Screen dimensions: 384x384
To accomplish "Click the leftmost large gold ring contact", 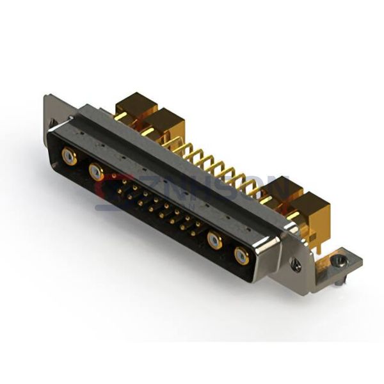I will (69, 156).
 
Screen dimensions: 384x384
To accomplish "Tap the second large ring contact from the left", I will (96, 171).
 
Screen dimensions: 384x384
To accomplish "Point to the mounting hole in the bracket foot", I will (340, 259).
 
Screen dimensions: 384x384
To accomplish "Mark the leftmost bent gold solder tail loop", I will (172, 144).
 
